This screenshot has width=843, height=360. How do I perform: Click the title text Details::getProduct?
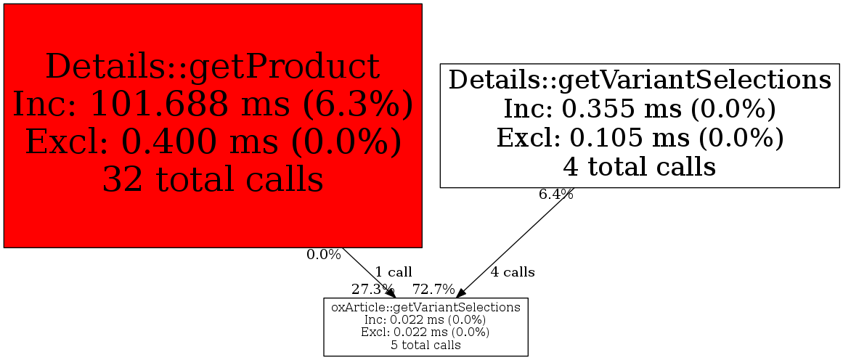pyautogui.click(x=213, y=67)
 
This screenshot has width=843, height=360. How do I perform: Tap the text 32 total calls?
pyautogui.click(x=213, y=179)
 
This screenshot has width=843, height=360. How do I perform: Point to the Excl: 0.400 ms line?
pyautogui.click(x=213, y=142)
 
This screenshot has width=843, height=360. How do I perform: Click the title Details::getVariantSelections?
pyautogui.click(x=640, y=80)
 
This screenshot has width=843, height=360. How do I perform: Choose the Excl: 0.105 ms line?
pyautogui.click(x=640, y=138)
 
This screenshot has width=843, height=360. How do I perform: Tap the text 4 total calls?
pyautogui.click(x=640, y=168)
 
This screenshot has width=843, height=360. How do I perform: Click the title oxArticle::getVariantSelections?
pyautogui.click(x=425, y=307)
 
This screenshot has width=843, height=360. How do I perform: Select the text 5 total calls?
pyautogui.click(x=425, y=345)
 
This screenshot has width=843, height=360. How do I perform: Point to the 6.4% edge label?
pyautogui.click(x=555, y=195)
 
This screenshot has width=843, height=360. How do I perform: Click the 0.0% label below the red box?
pyautogui.click(x=323, y=255)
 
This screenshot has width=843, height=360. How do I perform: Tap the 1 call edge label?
pyautogui.click(x=394, y=272)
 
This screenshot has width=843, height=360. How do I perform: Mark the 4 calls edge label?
pyautogui.click(x=513, y=272)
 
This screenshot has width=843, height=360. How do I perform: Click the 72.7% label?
pyautogui.click(x=433, y=289)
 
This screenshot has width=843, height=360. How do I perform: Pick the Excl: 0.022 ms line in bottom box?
pyautogui.click(x=425, y=332)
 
